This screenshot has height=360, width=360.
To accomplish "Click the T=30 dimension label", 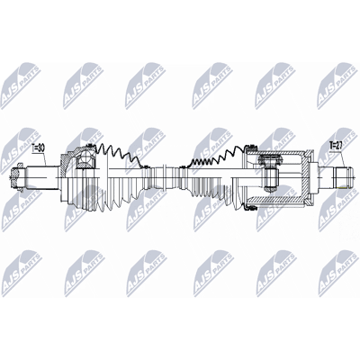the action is tap(38, 148).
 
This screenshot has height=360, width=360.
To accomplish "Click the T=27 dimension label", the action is tap(336, 146).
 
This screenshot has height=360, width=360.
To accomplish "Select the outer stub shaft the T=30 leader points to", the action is tap(43, 177).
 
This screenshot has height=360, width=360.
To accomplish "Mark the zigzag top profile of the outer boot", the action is tap(121, 154).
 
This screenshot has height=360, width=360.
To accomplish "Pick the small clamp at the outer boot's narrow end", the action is tap(146, 166).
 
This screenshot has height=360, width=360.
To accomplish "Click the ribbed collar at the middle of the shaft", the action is tap(165, 177).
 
